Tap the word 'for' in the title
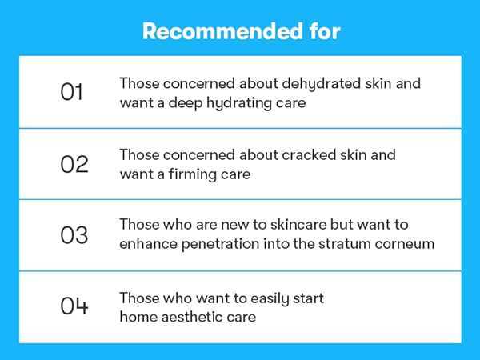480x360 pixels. (x=325, y=31)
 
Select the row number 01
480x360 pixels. (x=72, y=92)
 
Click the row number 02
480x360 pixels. (x=74, y=164)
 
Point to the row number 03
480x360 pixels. (x=74, y=235)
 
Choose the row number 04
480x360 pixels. (x=74, y=306)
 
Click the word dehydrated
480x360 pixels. (x=321, y=84)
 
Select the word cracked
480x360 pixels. (x=309, y=154)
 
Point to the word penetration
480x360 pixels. (x=221, y=244)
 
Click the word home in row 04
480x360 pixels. (x=138, y=317)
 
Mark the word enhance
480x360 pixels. (x=148, y=244)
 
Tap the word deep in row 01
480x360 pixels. (x=186, y=103)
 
